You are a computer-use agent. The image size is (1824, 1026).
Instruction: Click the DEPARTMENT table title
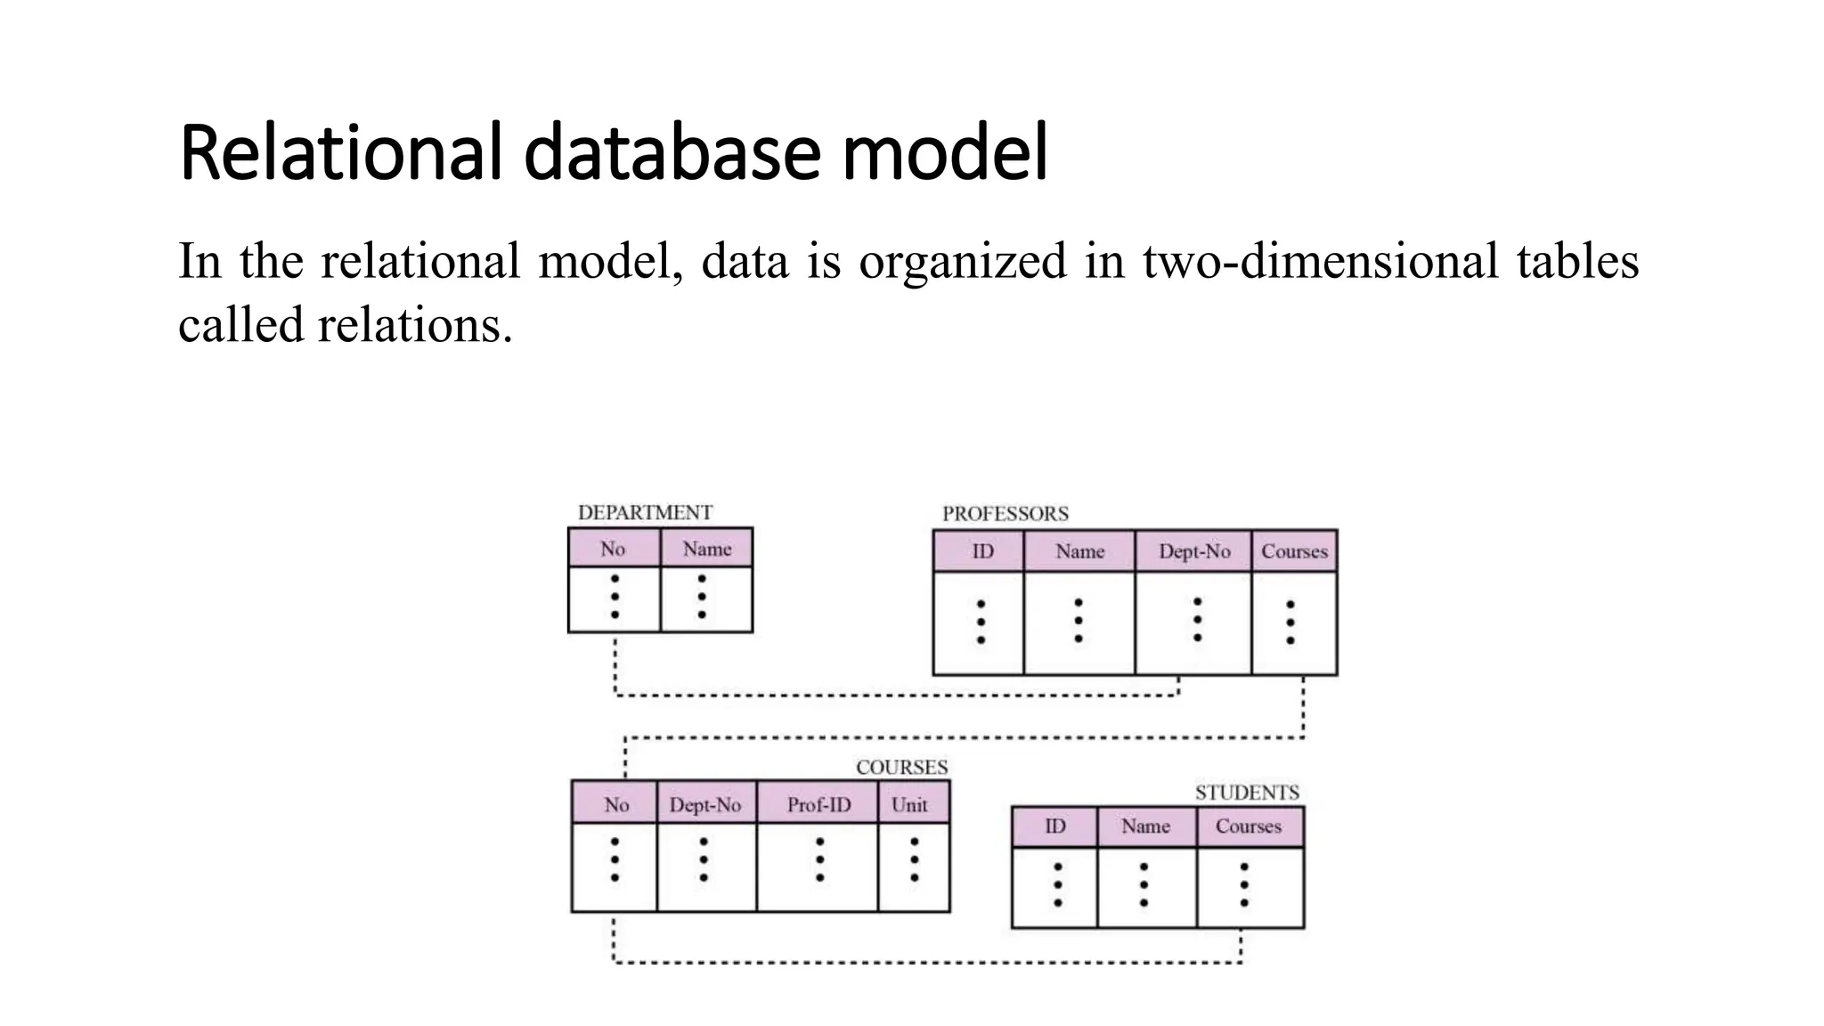(x=645, y=513)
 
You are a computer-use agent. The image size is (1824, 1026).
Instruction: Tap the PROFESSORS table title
(x=1005, y=514)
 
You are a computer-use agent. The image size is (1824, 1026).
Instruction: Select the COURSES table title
(x=901, y=768)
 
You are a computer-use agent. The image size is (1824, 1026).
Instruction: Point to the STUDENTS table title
(x=1246, y=793)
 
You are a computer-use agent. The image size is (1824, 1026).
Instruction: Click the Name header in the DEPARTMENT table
(x=707, y=550)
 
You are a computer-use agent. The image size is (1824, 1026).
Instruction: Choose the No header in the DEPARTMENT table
(x=613, y=550)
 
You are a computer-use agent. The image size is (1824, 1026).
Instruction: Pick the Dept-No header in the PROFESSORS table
(x=1193, y=552)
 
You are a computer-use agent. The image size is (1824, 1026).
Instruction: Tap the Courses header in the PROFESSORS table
(x=1293, y=552)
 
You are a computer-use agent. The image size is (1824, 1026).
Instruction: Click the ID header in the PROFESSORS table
(x=981, y=552)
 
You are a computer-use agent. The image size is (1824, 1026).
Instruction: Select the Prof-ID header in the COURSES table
(x=818, y=805)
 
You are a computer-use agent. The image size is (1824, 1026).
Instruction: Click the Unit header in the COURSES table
(x=909, y=805)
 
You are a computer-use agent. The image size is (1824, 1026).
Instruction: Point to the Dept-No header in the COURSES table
(x=704, y=805)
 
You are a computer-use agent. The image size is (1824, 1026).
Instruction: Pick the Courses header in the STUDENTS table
(x=1248, y=826)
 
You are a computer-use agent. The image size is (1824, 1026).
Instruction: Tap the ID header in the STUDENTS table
(x=1054, y=826)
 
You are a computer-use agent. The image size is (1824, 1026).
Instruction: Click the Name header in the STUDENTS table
(x=1145, y=826)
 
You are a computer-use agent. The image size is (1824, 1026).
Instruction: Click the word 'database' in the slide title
(x=670, y=153)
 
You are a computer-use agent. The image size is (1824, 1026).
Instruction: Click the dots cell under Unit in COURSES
(x=914, y=860)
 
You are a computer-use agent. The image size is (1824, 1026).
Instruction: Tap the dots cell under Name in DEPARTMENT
(x=704, y=598)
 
